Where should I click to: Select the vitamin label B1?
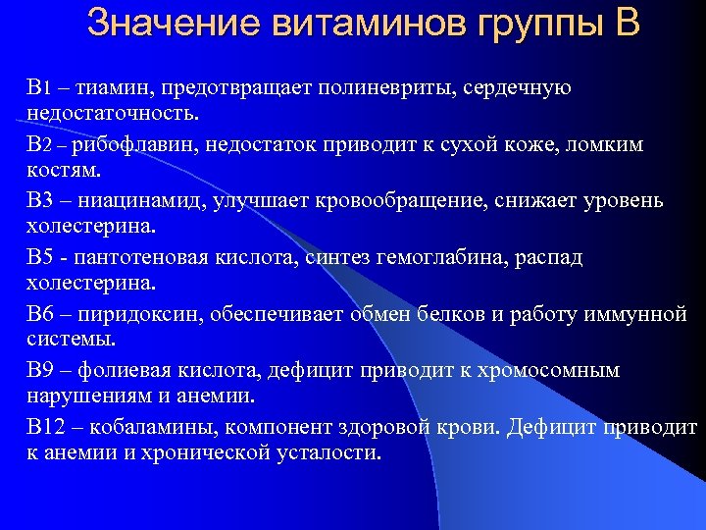point(37,88)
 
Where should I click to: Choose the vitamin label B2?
point(37,145)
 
